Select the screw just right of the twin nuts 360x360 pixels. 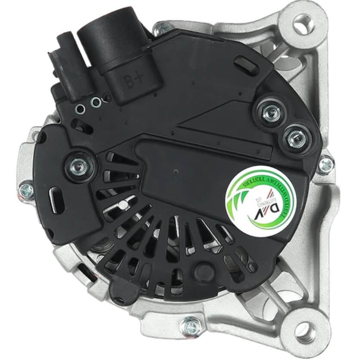325,164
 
